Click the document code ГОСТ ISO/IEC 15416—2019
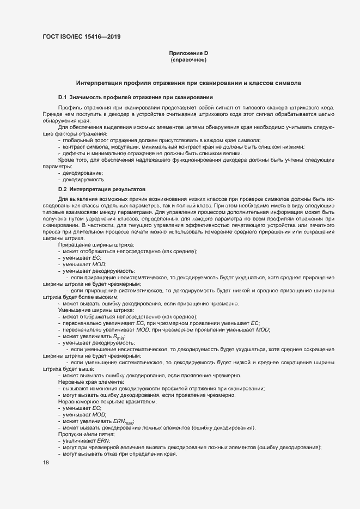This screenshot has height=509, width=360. click(81, 37)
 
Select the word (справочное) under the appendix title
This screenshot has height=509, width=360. click(188, 60)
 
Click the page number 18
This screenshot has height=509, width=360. click(46, 462)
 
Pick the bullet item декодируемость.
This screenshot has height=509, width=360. click(84, 179)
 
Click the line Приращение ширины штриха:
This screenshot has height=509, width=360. click(91, 245)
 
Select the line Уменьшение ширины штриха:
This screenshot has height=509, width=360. click(93, 309)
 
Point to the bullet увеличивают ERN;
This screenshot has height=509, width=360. click(86, 440)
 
